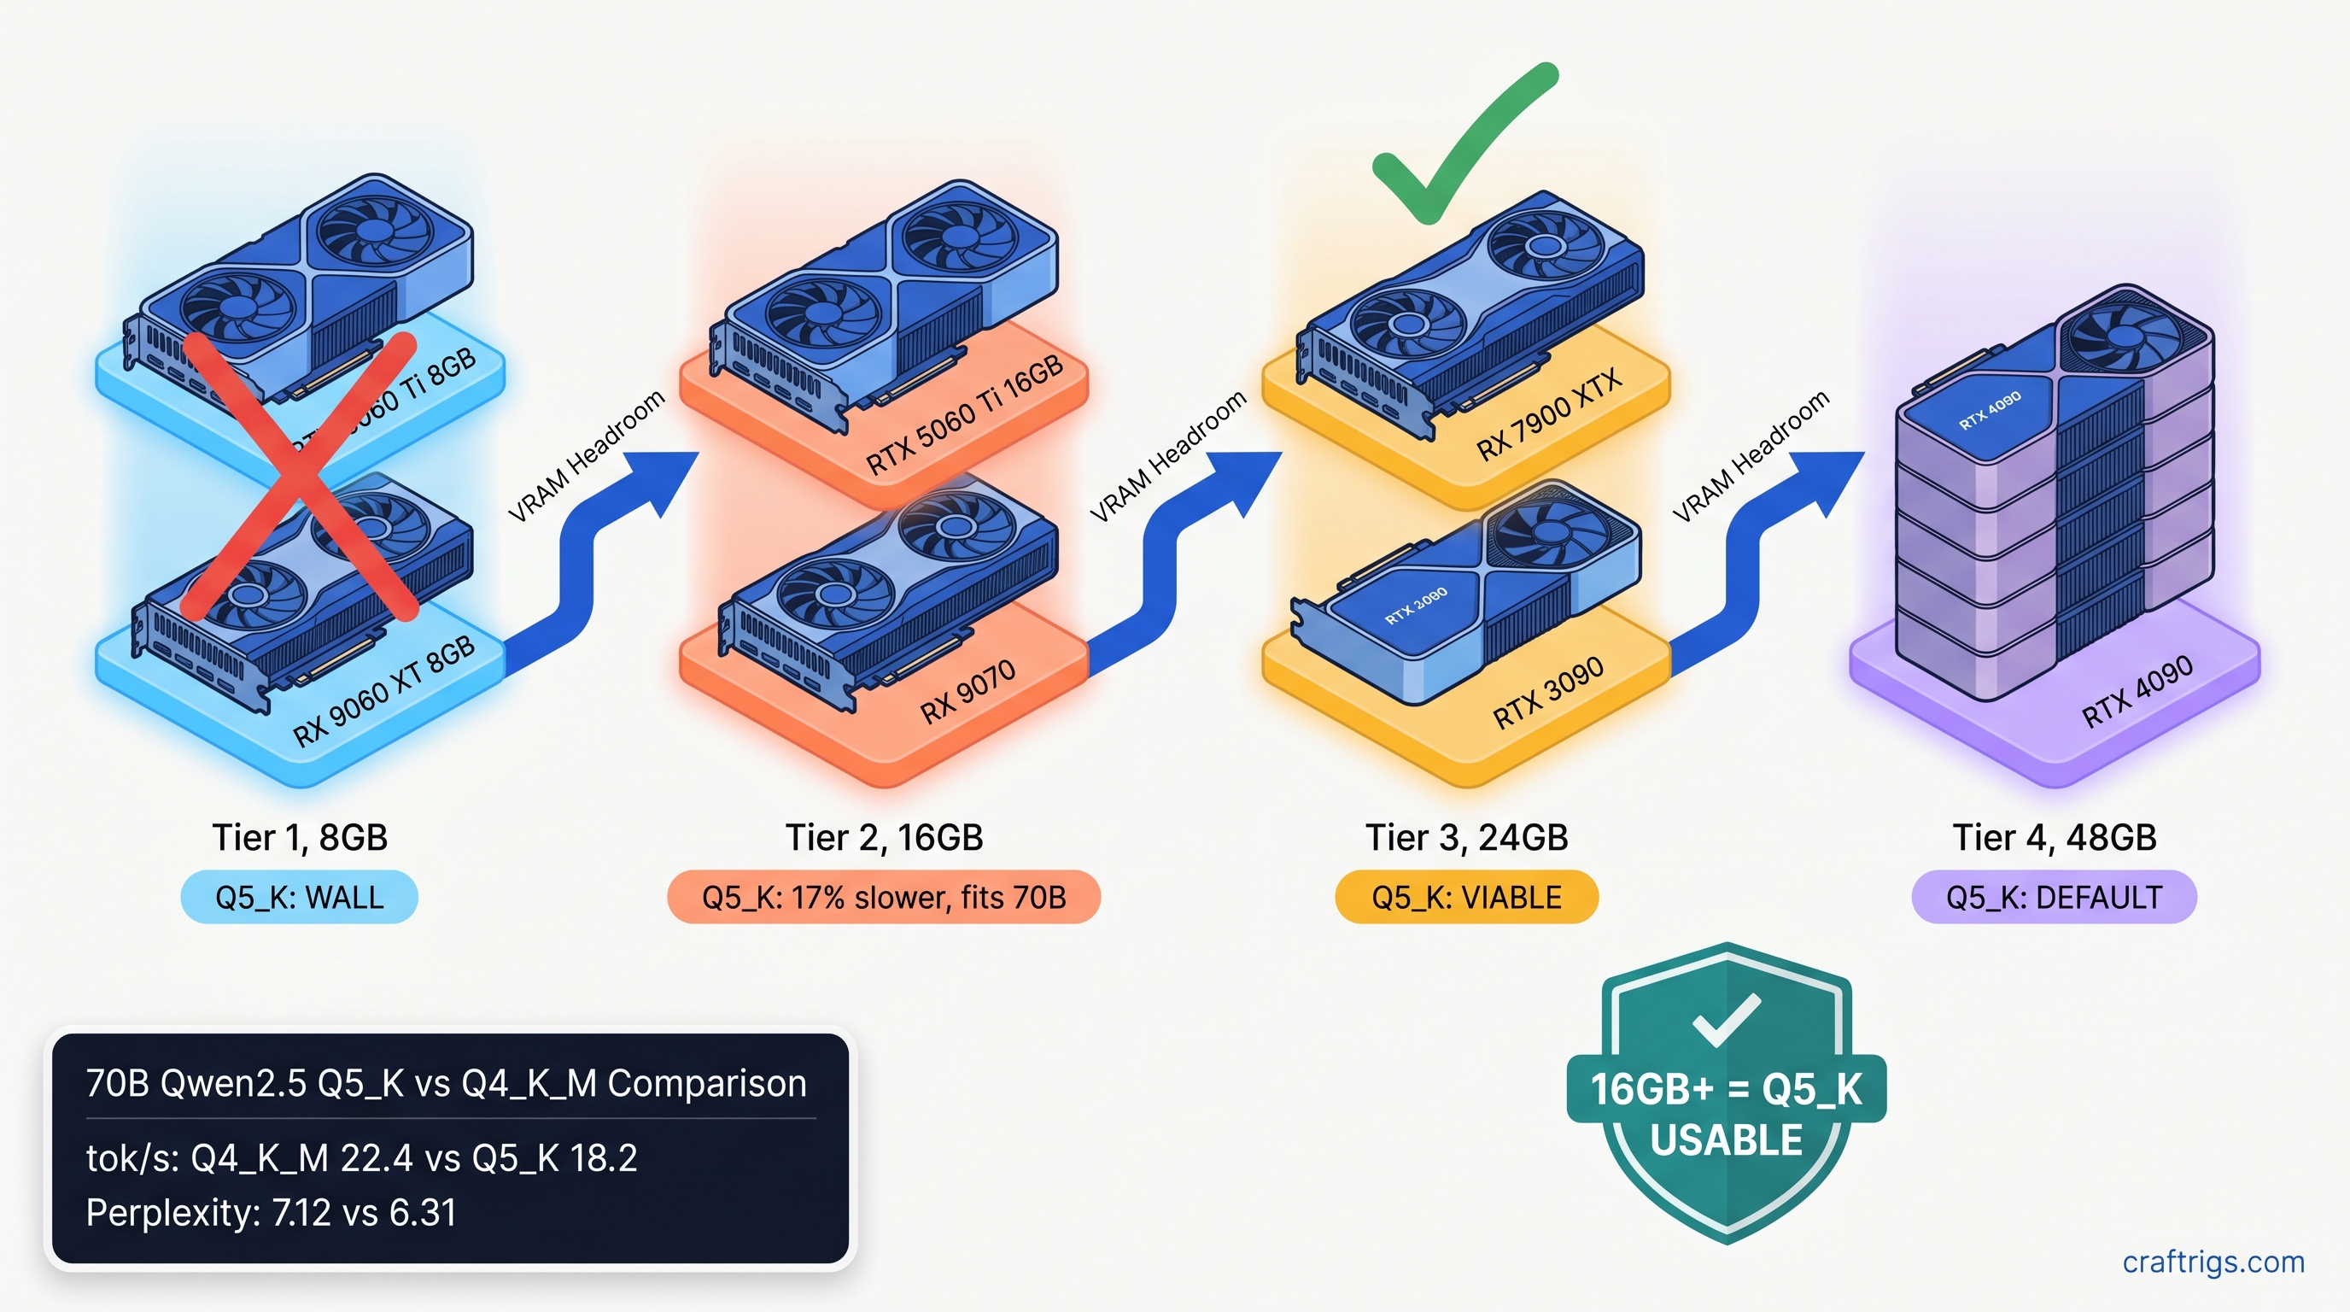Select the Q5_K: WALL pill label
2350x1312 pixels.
(x=299, y=898)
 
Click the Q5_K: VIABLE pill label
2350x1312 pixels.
(x=1466, y=898)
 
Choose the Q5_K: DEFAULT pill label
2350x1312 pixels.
(x=2054, y=898)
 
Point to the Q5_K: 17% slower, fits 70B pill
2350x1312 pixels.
(x=883, y=898)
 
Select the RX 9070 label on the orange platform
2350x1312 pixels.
(x=967, y=692)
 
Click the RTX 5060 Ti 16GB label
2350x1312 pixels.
(x=964, y=415)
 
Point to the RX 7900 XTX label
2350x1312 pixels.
(x=1548, y=415)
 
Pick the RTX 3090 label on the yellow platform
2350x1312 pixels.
(x=1548, y=692)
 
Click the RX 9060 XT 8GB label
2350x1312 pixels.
(x=384, y=691)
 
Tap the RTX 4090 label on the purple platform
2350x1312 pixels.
(x=2137, y=691)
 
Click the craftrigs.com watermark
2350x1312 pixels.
(x=2213, y=1262)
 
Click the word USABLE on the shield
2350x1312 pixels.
(x=1726, y=1140)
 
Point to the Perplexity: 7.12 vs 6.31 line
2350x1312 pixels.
(x=271, y=1214)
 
